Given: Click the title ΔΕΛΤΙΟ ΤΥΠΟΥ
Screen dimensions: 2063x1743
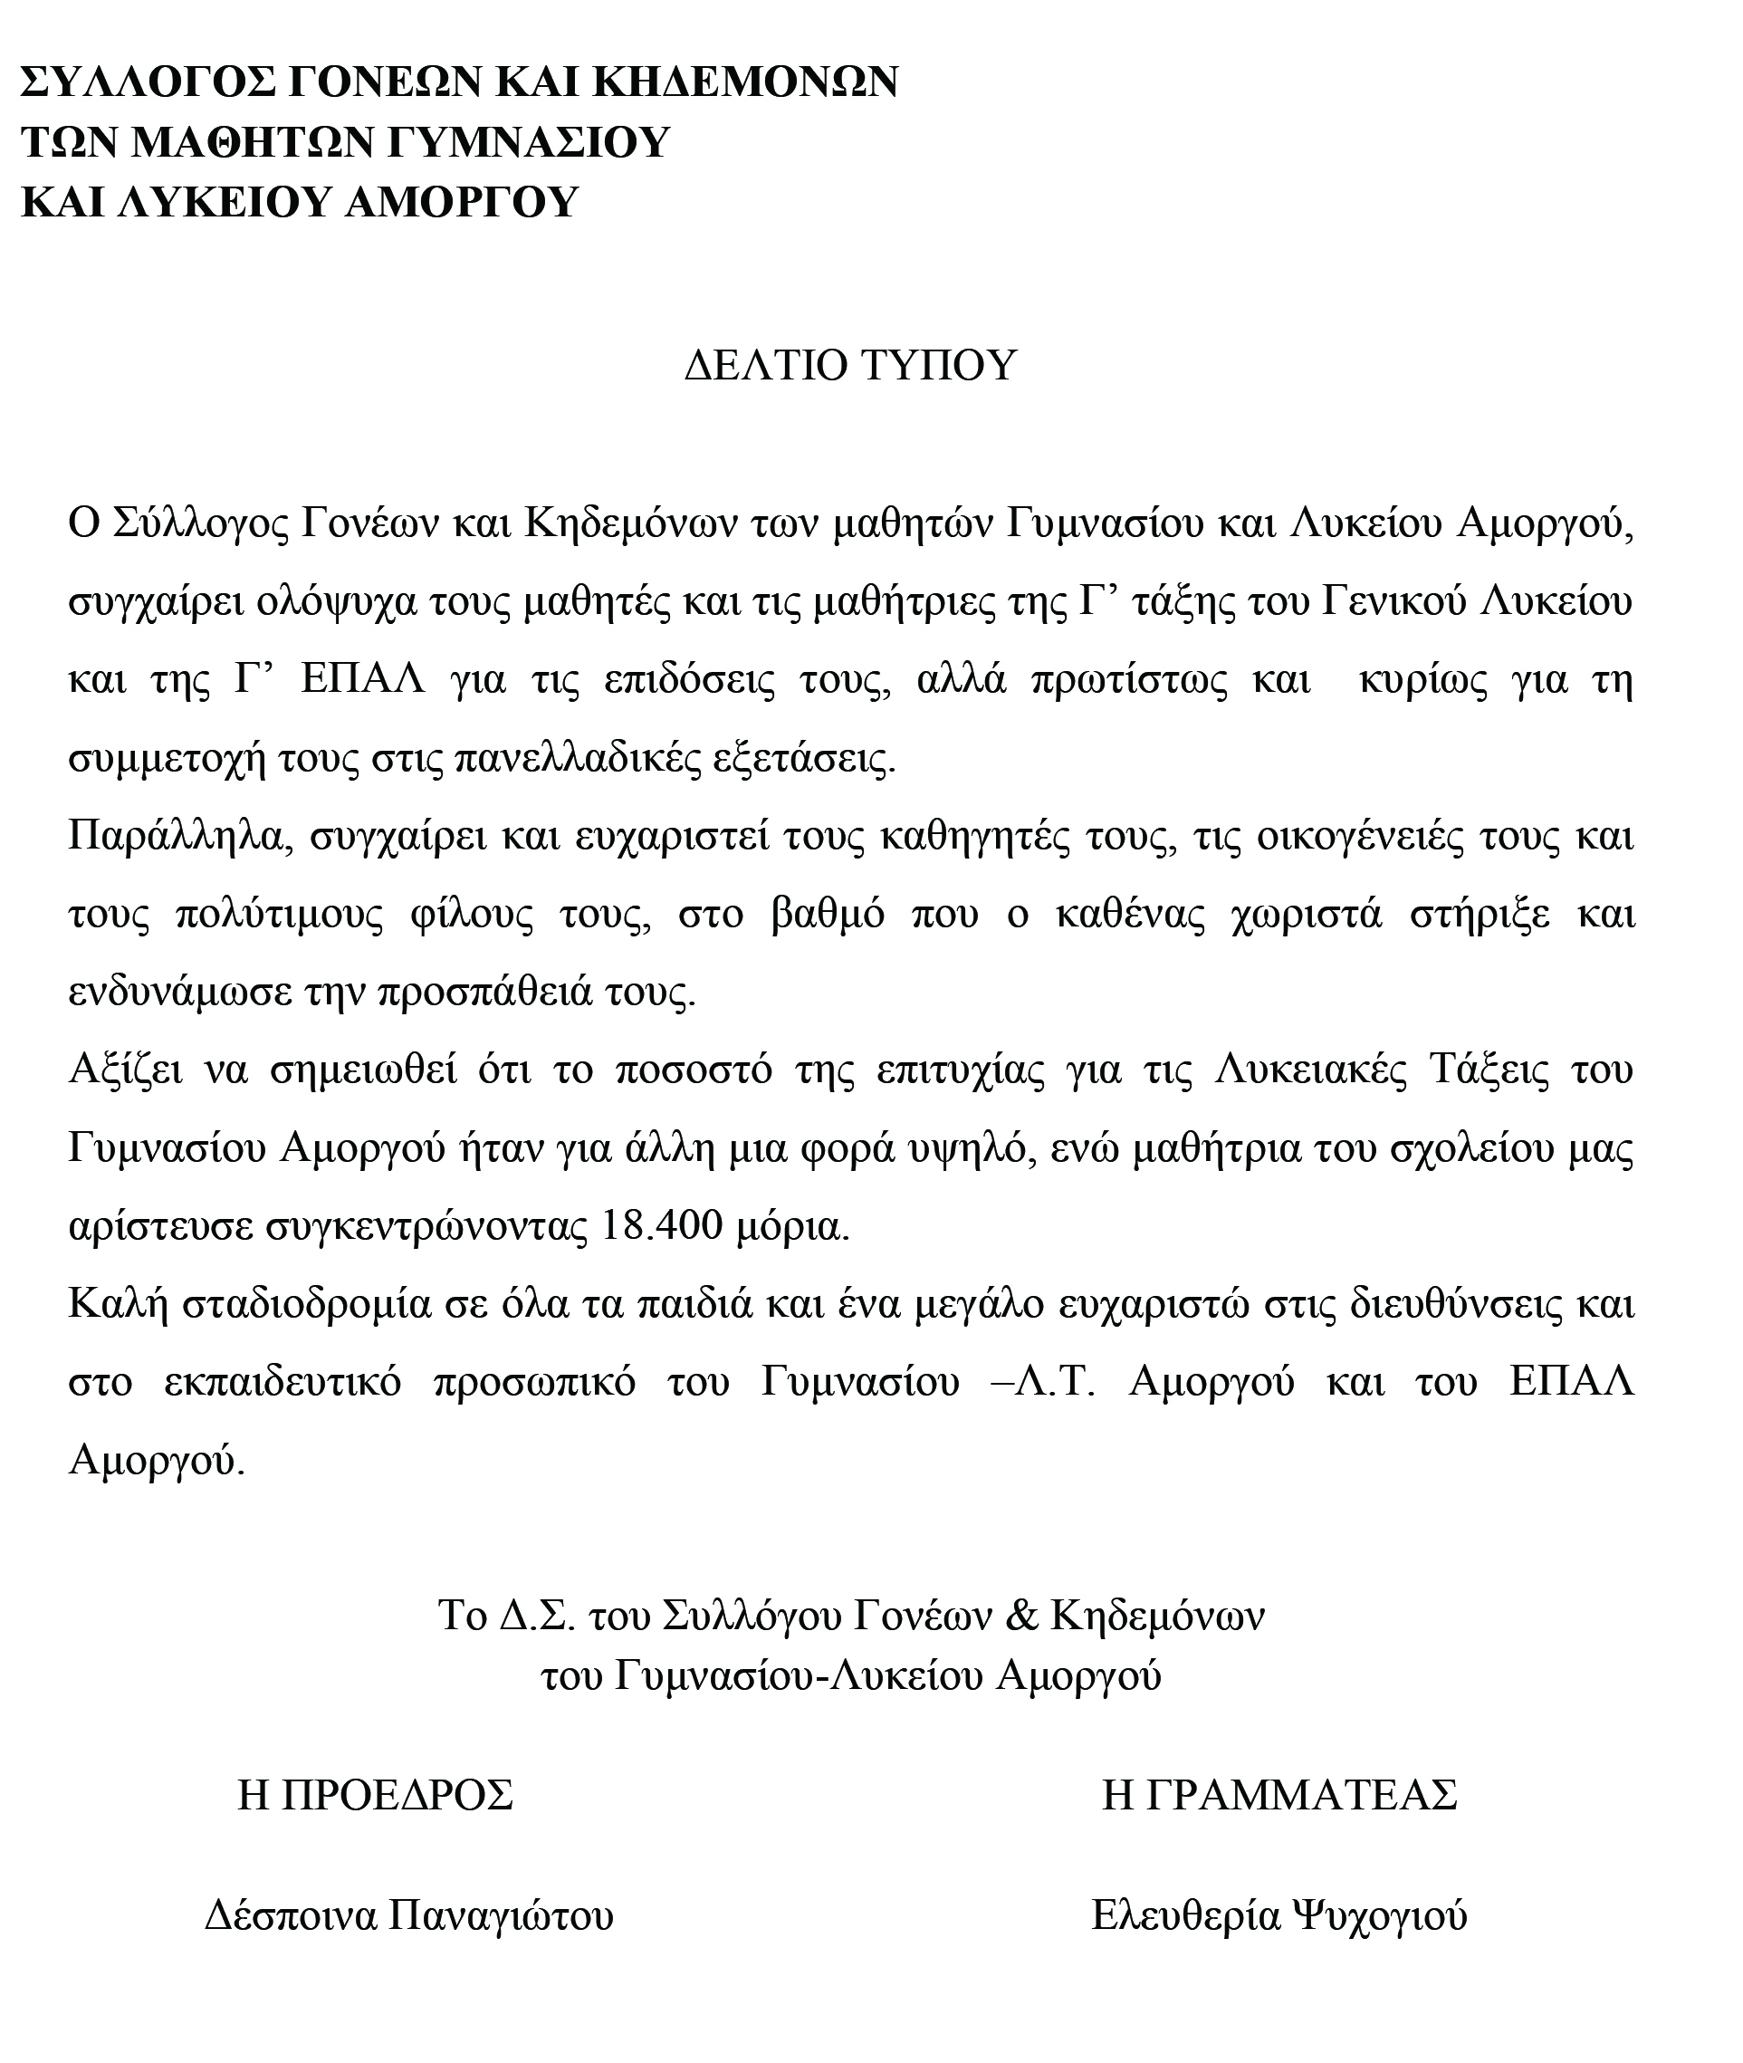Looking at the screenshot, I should point(849,366).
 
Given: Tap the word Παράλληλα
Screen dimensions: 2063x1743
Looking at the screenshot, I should point(176,837).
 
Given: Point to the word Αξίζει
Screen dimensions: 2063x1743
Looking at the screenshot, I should point(126,1070).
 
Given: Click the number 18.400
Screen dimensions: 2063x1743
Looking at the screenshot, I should point(662,1226).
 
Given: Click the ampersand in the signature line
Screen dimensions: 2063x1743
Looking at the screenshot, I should point(1020,1616).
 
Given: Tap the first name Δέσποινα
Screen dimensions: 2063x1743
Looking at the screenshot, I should point(291,1914).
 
